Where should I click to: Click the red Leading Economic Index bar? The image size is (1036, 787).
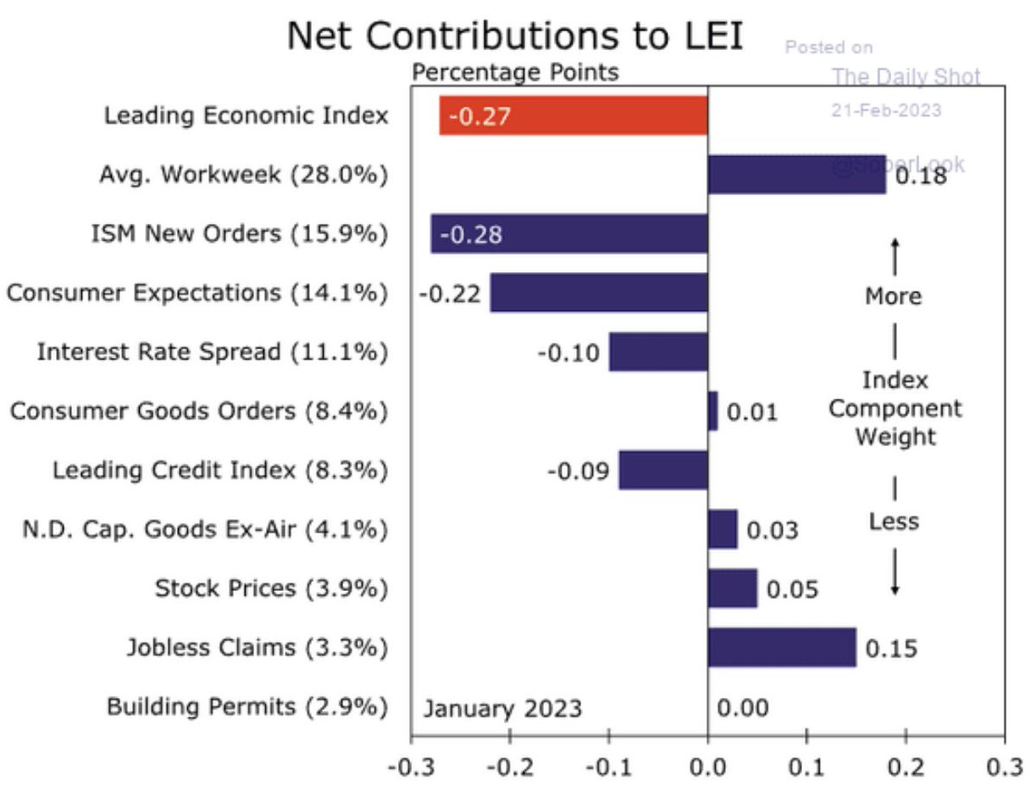point(572,115)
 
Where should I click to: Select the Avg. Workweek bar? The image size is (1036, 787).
point(796,175)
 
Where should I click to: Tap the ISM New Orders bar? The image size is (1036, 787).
point(569,234)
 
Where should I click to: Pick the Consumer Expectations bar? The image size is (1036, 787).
point(598,293)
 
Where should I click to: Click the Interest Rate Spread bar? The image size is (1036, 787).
point(658,352)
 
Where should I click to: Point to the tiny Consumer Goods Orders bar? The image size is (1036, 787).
point(712,411)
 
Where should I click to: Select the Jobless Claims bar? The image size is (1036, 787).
point(781,647)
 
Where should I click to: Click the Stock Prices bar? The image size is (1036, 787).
point(732,588)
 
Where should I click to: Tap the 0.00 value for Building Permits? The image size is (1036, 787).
point(742,708)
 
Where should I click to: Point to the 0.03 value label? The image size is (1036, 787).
point(772,530)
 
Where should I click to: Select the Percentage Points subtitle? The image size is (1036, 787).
point(515,72)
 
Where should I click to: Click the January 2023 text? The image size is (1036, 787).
point(502,708)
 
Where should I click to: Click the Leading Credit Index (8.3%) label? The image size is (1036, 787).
point(219,471)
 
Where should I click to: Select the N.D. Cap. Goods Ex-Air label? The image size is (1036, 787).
point(205,530)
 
